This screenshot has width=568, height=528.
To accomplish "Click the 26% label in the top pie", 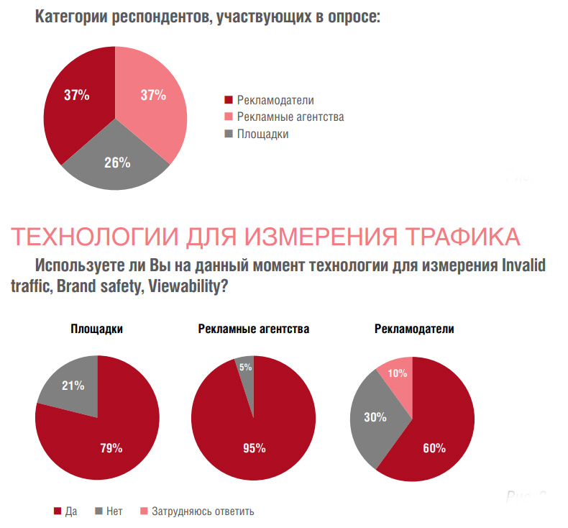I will (x=117, y=163).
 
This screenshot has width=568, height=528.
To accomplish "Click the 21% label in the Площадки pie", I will (x=73, y=386).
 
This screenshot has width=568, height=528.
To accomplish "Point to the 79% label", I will (x=111, y=447).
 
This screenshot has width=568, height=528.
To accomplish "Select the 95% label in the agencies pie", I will (x=255, y=447).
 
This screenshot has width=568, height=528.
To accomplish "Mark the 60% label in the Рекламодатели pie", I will (x=434, y=447).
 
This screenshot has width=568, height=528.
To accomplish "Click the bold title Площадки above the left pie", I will (x=96, y=329).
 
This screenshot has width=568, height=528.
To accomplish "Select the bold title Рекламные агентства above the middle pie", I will (x=254, y=329).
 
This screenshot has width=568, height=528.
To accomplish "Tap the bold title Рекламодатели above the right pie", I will (x=414, y=329).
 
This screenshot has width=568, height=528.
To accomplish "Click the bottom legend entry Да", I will (x=70, y=511).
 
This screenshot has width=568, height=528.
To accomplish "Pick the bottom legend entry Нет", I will (x=114, y=511).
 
